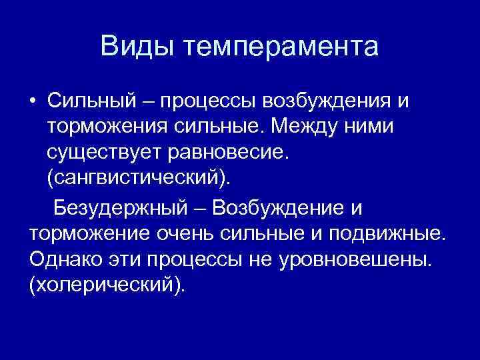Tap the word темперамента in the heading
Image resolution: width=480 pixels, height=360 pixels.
click(280, 47)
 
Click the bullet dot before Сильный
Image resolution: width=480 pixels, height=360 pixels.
click(33, 101)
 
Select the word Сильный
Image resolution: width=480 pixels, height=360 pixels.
click(92, 101)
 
